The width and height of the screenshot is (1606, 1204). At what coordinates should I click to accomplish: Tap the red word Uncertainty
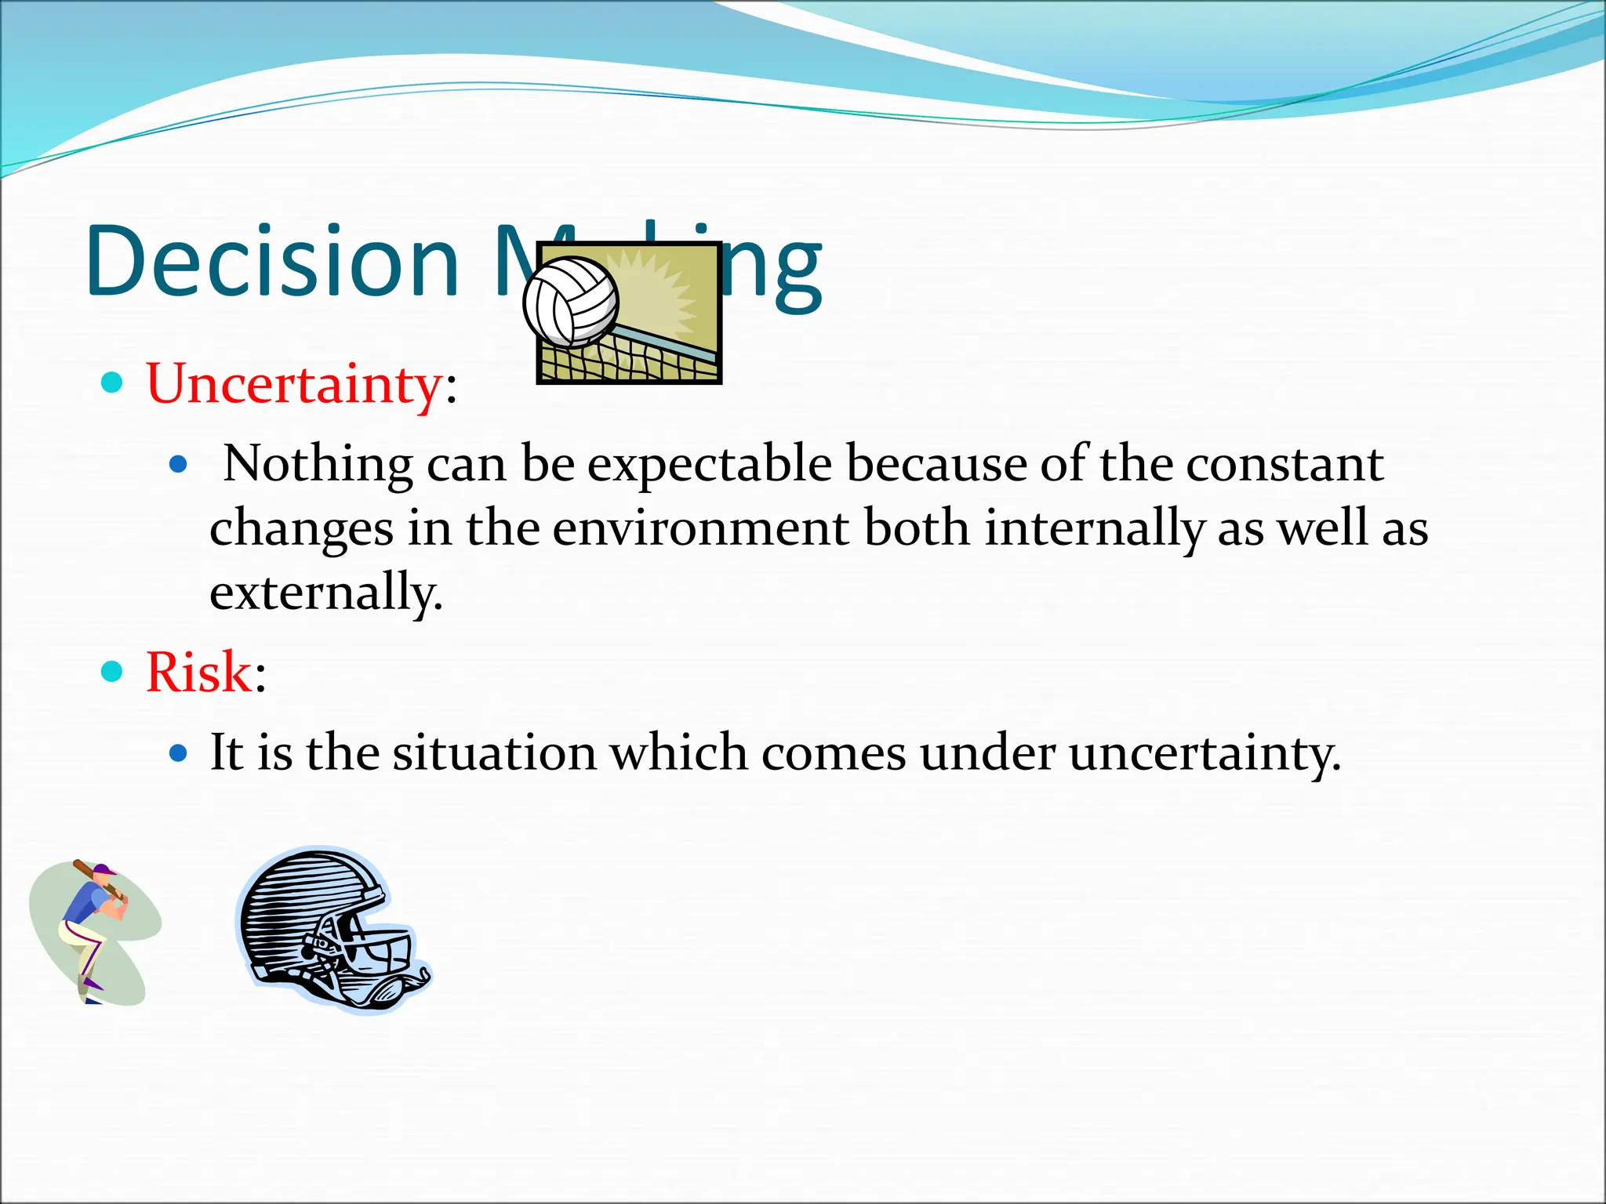coord(294,384)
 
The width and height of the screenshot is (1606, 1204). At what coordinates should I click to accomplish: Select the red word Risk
coord(198,673)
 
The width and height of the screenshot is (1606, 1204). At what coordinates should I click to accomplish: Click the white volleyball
coord(571,302)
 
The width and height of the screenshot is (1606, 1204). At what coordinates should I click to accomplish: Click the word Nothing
coord(318,465)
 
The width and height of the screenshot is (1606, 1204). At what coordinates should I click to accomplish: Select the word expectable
coord(709,465)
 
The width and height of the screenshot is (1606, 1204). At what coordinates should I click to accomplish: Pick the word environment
coord(700,528)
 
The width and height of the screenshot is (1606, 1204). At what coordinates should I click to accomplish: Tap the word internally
coord(1094,528)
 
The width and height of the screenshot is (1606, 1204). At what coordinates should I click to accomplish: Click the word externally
coord(325,593)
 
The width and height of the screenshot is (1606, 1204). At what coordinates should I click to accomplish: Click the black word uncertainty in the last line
coord(1204,753)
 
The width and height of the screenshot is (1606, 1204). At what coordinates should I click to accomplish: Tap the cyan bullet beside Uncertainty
coord(113,383)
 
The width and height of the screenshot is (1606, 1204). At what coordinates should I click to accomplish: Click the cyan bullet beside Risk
coord(113,672)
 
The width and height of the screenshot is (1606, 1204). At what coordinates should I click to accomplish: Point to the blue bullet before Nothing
coord(179,465)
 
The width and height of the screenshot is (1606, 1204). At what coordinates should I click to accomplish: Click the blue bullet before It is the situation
coord(179,753)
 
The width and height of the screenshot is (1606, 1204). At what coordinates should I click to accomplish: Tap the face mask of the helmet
coord(369,952)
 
